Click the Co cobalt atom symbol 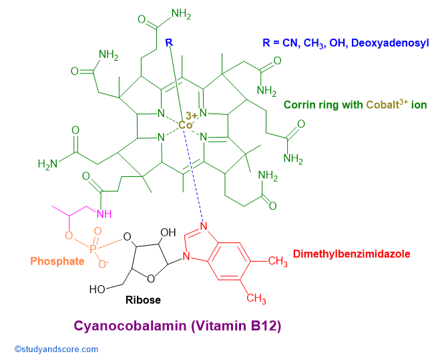(x=186, y=125)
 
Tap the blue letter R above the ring (x=169, y=43)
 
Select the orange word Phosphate (x=57, y=261)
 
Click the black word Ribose (x=143, y=300)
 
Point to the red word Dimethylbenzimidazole (x=351, y=254)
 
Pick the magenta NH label (x=104, y=214)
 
